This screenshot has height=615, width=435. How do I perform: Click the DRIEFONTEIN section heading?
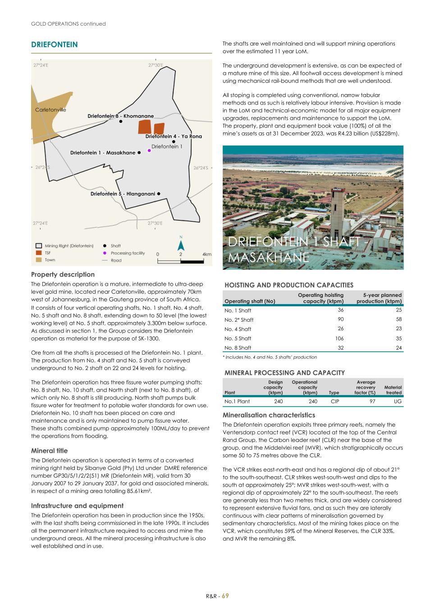click(x=54, y=45)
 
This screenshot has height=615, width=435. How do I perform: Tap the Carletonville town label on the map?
click(x=50, y=110)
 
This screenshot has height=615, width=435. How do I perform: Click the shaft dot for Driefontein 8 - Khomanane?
click(x=121, y=121)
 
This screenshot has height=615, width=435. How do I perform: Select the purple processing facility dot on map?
click(x=150, y=151)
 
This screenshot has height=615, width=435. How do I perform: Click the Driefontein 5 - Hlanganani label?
click(x=123, y=194)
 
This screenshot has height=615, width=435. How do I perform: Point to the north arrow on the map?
click(x=181, y=245)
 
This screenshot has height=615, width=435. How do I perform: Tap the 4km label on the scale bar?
click(x=207, y=254)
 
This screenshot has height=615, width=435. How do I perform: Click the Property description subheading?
click(x=63, y=274)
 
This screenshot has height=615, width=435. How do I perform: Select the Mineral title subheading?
click(x=49, y=451)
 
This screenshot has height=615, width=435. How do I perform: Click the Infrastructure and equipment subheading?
click(x=77, y=506)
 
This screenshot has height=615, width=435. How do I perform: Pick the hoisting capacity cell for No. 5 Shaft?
click(x=339, y=338)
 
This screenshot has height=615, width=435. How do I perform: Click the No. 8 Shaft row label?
click(x=238, y=348)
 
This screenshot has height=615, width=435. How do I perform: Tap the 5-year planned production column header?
click(x=379, y=298)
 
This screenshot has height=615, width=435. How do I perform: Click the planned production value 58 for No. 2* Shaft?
click(x=398, y=319)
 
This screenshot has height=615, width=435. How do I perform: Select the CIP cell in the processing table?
click(x=334, y=401)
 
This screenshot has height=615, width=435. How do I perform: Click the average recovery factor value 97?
click(x=372, y=401)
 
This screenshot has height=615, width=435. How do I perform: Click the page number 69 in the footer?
click(x=225, y=596)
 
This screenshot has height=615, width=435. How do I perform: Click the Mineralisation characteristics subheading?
click(x=269, y=415)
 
